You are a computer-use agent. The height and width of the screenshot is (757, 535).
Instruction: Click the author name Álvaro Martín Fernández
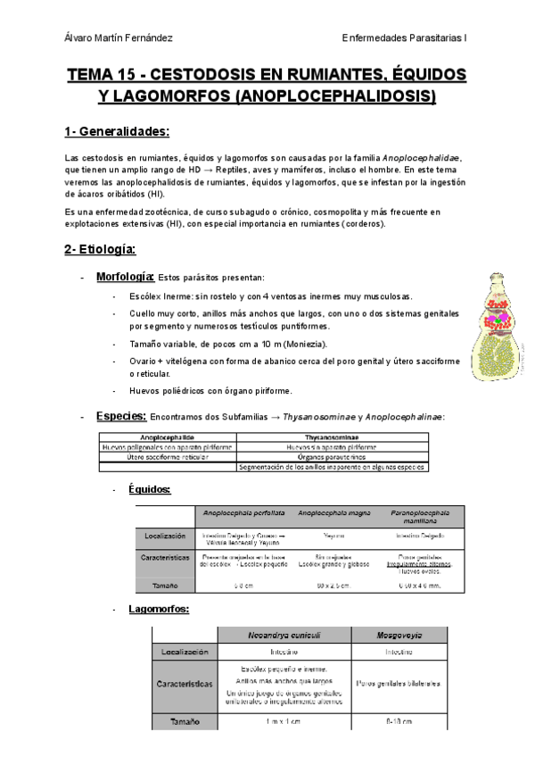(119, 37)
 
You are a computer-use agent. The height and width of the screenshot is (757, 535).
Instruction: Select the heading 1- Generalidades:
(117, 132)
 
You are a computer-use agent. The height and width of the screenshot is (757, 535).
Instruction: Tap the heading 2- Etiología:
(100, 250)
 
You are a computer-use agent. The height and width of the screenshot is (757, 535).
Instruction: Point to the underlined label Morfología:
(126, 277)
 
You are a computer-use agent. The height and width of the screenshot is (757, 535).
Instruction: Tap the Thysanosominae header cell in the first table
(333, 437)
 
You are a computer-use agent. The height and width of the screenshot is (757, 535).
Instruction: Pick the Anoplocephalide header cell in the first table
(168, 437)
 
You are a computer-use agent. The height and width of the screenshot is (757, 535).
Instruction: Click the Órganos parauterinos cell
(333, 457)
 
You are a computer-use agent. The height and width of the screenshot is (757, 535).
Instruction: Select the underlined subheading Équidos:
(150, 489)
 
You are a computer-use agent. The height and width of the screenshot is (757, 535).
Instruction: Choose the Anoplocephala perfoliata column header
(244, 513)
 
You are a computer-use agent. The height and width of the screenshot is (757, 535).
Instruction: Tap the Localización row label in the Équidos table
(165, 537)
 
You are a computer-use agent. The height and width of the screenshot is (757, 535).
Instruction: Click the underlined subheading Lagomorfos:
(159, 609)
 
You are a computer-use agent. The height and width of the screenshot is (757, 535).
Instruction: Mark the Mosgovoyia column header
(398, 635)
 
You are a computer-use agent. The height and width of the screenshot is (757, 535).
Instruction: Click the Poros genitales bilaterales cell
(398, 684)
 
